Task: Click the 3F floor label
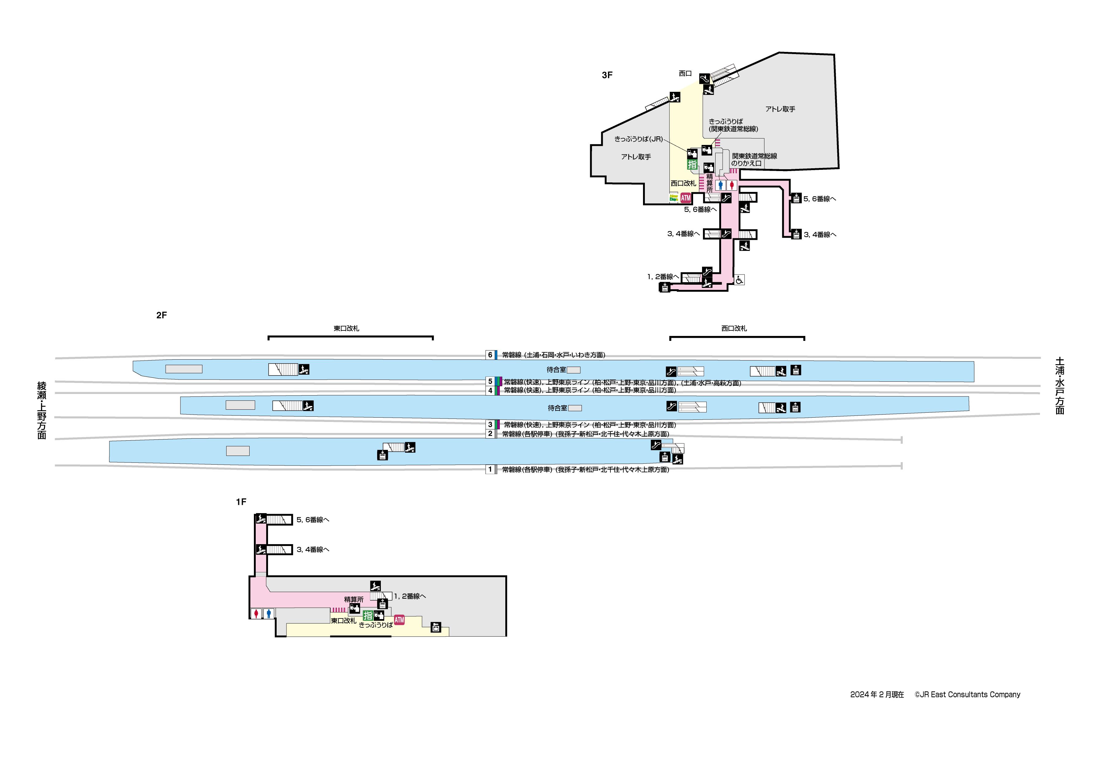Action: [x=607, y=75]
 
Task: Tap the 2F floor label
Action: [x=161, y=315]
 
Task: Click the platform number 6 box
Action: [x=490, y=355]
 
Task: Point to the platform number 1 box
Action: [x=490, y=470]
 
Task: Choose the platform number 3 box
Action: [x=490, y=425]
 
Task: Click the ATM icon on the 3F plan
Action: [x=685, y=198]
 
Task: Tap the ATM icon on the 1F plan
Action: [x=399, y=620]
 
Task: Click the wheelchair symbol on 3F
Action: [x=739, y=280]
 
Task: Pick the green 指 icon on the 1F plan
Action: [x=368, y=615]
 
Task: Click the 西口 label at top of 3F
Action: [x=685, y=74]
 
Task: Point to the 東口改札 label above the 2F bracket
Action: [x=346, y=329]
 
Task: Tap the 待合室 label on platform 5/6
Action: [x=556, y=370]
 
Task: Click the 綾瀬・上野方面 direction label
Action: [x=42, y=410]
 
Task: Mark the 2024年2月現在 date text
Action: [x=877, y=695]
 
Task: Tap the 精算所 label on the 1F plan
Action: [x=354, y=600]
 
